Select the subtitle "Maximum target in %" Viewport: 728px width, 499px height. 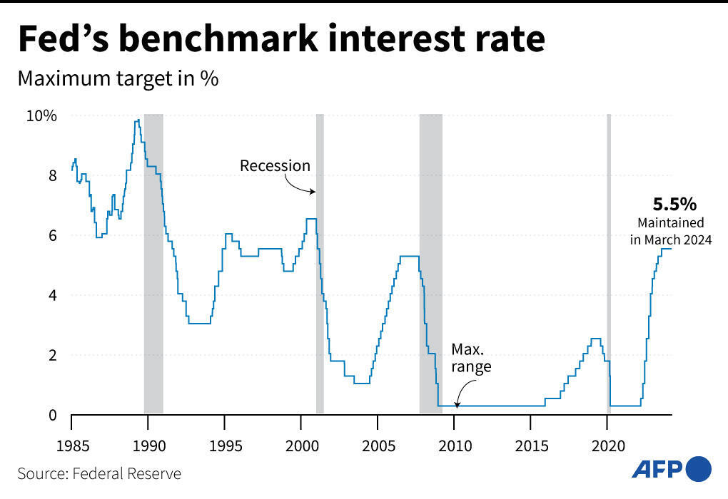coord(117,79)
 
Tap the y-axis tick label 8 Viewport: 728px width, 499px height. coord(53,175)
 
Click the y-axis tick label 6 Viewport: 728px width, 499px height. coord(53,235)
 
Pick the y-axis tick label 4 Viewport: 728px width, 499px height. coord(53,295)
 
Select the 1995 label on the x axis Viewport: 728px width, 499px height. coord(225,446)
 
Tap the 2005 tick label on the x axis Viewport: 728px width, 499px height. coord(378,446)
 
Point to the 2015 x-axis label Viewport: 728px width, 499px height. coord(530,446)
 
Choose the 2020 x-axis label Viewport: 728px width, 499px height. coord(607,446)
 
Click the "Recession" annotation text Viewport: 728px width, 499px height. coord(275,166)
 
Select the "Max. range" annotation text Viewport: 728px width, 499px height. coord(471,359)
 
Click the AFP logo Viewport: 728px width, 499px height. coord(671,468)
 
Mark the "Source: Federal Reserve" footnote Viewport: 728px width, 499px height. coord(99,473)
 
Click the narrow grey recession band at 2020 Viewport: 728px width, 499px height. coord(609,264)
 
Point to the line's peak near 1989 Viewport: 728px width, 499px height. coord(137,120)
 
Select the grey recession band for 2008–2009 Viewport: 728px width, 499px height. coord(430,264)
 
